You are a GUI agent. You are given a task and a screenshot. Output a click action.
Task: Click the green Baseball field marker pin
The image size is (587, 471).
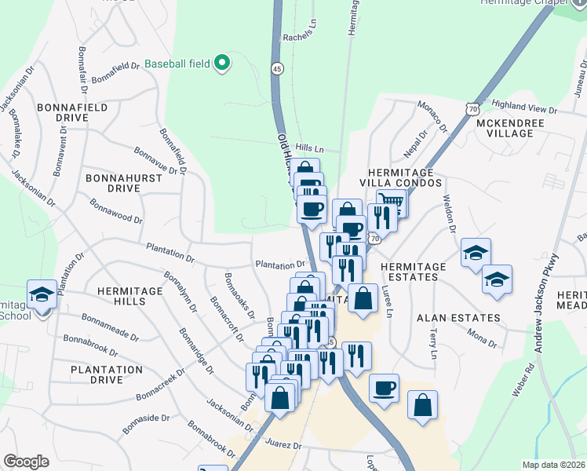click(x=222, y=61)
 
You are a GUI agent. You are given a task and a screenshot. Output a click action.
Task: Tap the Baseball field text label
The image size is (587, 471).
click(x=178, y=62)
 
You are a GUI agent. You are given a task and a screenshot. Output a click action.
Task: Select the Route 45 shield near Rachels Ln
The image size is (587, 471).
click(x=277, y=68)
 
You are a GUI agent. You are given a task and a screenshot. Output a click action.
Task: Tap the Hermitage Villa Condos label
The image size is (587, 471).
click(x=401, y=178)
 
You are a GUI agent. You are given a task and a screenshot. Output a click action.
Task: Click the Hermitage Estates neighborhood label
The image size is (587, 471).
click(x=414, y=272)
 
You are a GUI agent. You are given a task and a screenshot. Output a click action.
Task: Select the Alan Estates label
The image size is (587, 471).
click(x=458, y=318)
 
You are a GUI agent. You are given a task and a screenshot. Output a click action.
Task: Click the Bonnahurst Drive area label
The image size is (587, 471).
click(x=123, y=183)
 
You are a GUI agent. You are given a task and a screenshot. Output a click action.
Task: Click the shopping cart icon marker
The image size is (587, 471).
click(x=391, y=202)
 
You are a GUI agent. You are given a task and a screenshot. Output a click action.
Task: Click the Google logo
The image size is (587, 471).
click(x=26, y=462)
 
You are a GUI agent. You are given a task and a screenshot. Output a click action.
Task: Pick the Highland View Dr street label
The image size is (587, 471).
click(x=523, y=104)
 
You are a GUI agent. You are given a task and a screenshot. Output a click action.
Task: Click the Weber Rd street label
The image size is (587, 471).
click(x=519, y=381)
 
